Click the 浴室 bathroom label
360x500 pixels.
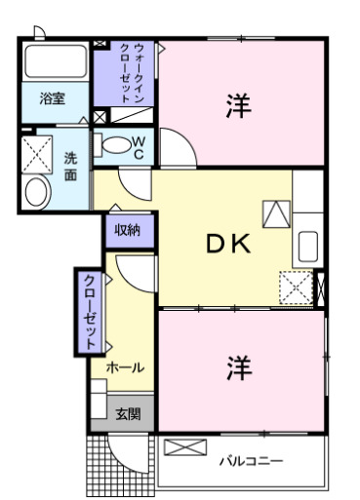click(53, 98)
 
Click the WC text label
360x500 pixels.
click(139, 147)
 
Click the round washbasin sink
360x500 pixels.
click(36, 191)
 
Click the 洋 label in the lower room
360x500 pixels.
click(237, 366)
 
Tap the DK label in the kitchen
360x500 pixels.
click(228, 246)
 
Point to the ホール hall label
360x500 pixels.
click(126, 367)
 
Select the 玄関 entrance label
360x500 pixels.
click(128, 414)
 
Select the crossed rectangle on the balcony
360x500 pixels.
click(185, 447)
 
